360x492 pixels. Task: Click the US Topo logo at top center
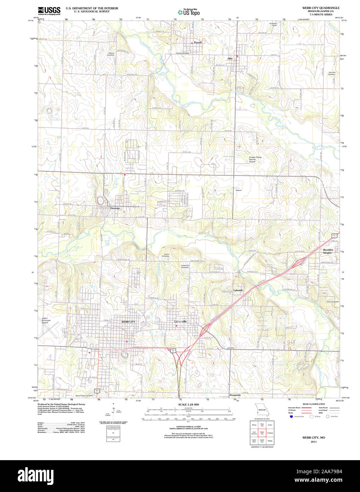pyautogui.click(x=189, y=12)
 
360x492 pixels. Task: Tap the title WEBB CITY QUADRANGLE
pyautogui.click(x=320, y=8)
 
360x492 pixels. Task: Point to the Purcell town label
pyautogui.click(x=198, y=42)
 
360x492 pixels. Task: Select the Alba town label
pyautogui.click(x=230, y=58)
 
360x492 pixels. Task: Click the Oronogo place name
pyautogui.click(x=115, y=208)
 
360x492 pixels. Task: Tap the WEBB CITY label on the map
pyautogui.click(x=128, y=322)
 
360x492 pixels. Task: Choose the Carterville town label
pyautogui.click(x=181, y=321)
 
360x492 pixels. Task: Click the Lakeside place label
pyautogui.click(x=238, y=290)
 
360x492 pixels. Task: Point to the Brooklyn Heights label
pyautogui.click(x=328, y=251)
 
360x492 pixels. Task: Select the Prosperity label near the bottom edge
pyautogui.click(x=235, y=395)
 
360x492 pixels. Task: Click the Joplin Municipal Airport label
pyautogui.click(x=45, y=321)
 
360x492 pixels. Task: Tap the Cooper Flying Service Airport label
pyautogui.click(x=255, y=159)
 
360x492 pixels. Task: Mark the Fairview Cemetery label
pyautogui.click(x=332, y=73)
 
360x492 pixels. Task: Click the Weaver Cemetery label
pyautogui.click(x=111, y=54)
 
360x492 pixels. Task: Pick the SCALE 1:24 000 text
pyautogui.click(x=188, y=405)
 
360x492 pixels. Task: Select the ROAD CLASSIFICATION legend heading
pyautogui.click(x=314, y=404)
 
